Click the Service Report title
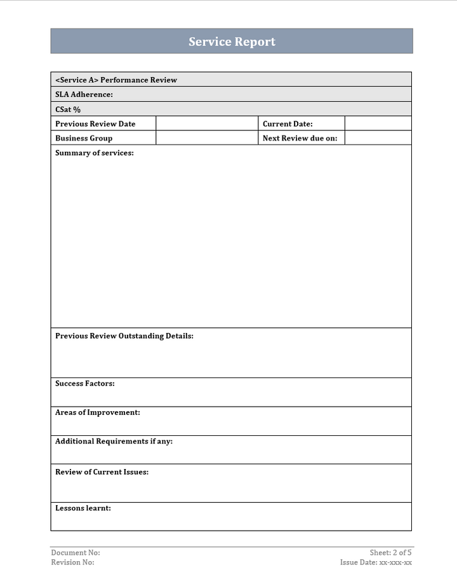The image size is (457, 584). pyautogui.click(x=232, y=42)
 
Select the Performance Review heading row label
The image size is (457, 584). pyautogui.click(x=116, y=80)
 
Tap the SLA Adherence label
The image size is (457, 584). pyautogui.click(x=84, y=95)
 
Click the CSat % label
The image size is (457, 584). pyautogui.click(x=68, y=109)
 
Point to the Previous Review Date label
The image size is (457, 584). pyautogui.click(x=95, y=124)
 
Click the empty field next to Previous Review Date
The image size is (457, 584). pyautogui.click(x=206, y=124)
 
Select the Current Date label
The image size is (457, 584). pyautogui.click(x=288, y=124)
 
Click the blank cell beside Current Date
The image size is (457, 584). pyautogui.click(x=378, y=124)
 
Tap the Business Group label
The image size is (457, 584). pyautogui.click(x=84, y=138)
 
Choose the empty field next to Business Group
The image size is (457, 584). pyautogui.click(x=206, y=138)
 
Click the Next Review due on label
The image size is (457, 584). pyautogui.click(x=300, y=138)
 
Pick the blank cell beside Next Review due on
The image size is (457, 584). pyautogui.click(x=378, y=138)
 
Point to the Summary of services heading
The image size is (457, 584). pyautogui.click(x=95, y=153)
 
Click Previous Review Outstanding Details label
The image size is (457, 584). pyautogui.click(x=124, y=336)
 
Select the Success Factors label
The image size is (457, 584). pyautogui.click(x=85, y=384)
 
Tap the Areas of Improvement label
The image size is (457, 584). pyautogui.click(x=98, y=412)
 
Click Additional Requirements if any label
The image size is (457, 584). pyautogui.click(x=114, y=441)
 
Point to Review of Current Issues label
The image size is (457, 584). pyautogui.click(x=102, y=472)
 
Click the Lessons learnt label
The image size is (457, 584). pyautogui.click(x=83, y=508)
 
